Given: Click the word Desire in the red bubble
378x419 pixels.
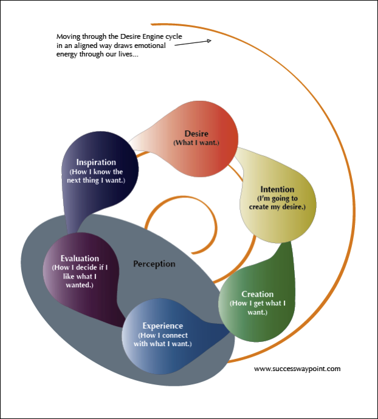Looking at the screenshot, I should click(196, 133).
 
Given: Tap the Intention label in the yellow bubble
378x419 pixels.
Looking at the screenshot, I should click(277, 189).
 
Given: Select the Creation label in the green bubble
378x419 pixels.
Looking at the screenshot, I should click(257, 294).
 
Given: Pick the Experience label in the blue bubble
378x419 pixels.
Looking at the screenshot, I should click(162, 326).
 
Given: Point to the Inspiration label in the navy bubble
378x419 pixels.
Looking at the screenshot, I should click(96, 162).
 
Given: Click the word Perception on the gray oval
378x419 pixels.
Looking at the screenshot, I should click(154, 264).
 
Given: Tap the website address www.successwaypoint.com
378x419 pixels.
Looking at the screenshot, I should click(297, 368).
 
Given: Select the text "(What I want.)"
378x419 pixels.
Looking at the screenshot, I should click(196, 143).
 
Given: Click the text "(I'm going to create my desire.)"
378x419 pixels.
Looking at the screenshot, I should click(277, 202).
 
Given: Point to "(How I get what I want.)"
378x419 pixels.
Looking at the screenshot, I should click(257, 307).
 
